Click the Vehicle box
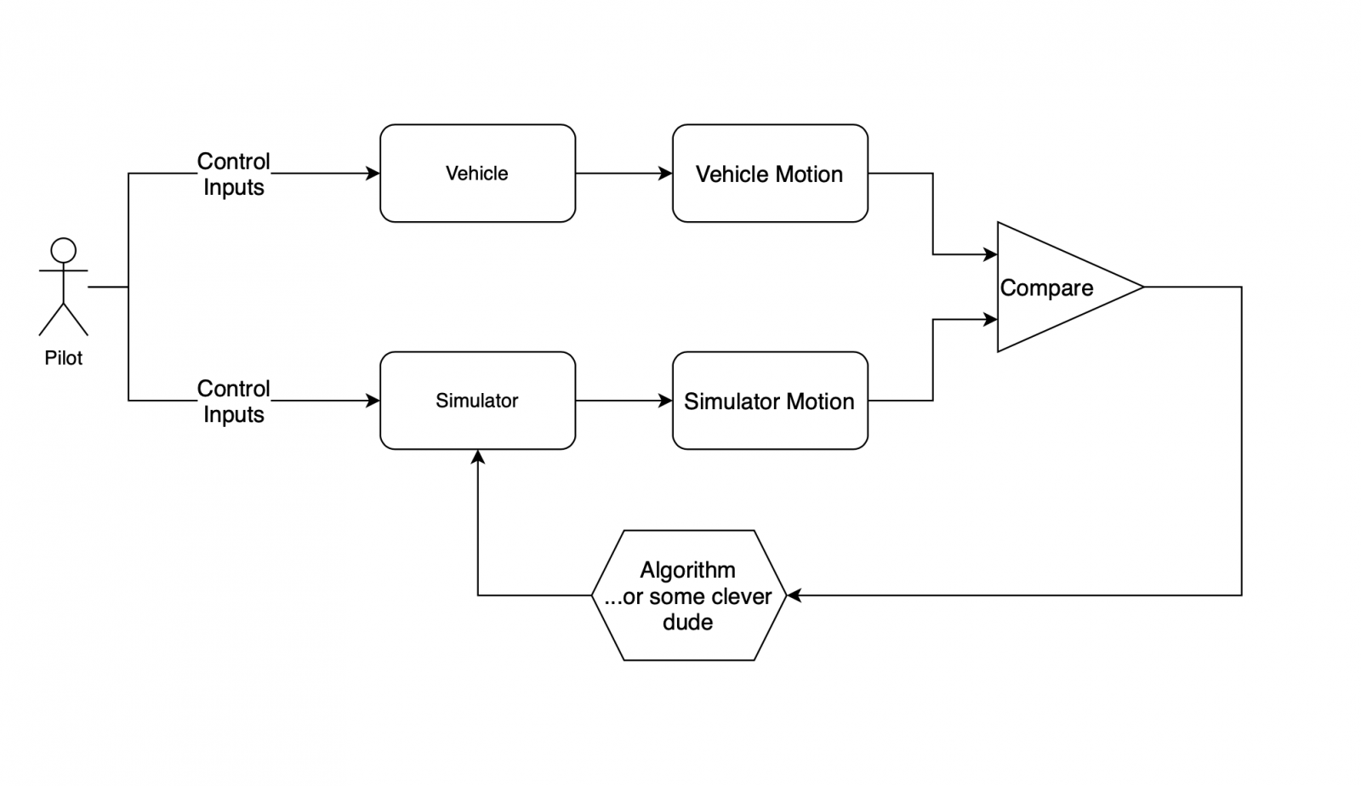(477, 174)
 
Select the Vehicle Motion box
(770, 174)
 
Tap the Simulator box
(477, 401)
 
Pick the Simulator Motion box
(770, 401)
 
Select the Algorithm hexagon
(687, 595)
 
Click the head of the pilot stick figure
(64, 250)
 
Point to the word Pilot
(64, 358)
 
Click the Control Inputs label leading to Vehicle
(234, 174)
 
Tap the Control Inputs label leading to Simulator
(234, 402)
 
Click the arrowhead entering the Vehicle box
(373, 174)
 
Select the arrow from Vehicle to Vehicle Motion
(624, 174)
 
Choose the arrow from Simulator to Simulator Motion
(624, 401)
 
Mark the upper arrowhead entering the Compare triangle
(990, 254)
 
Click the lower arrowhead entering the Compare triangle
(990, 320)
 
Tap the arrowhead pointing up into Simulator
(478, 458)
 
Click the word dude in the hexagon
(687, 623)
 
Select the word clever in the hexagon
(740, 597)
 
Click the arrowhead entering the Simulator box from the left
(373, 401)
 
